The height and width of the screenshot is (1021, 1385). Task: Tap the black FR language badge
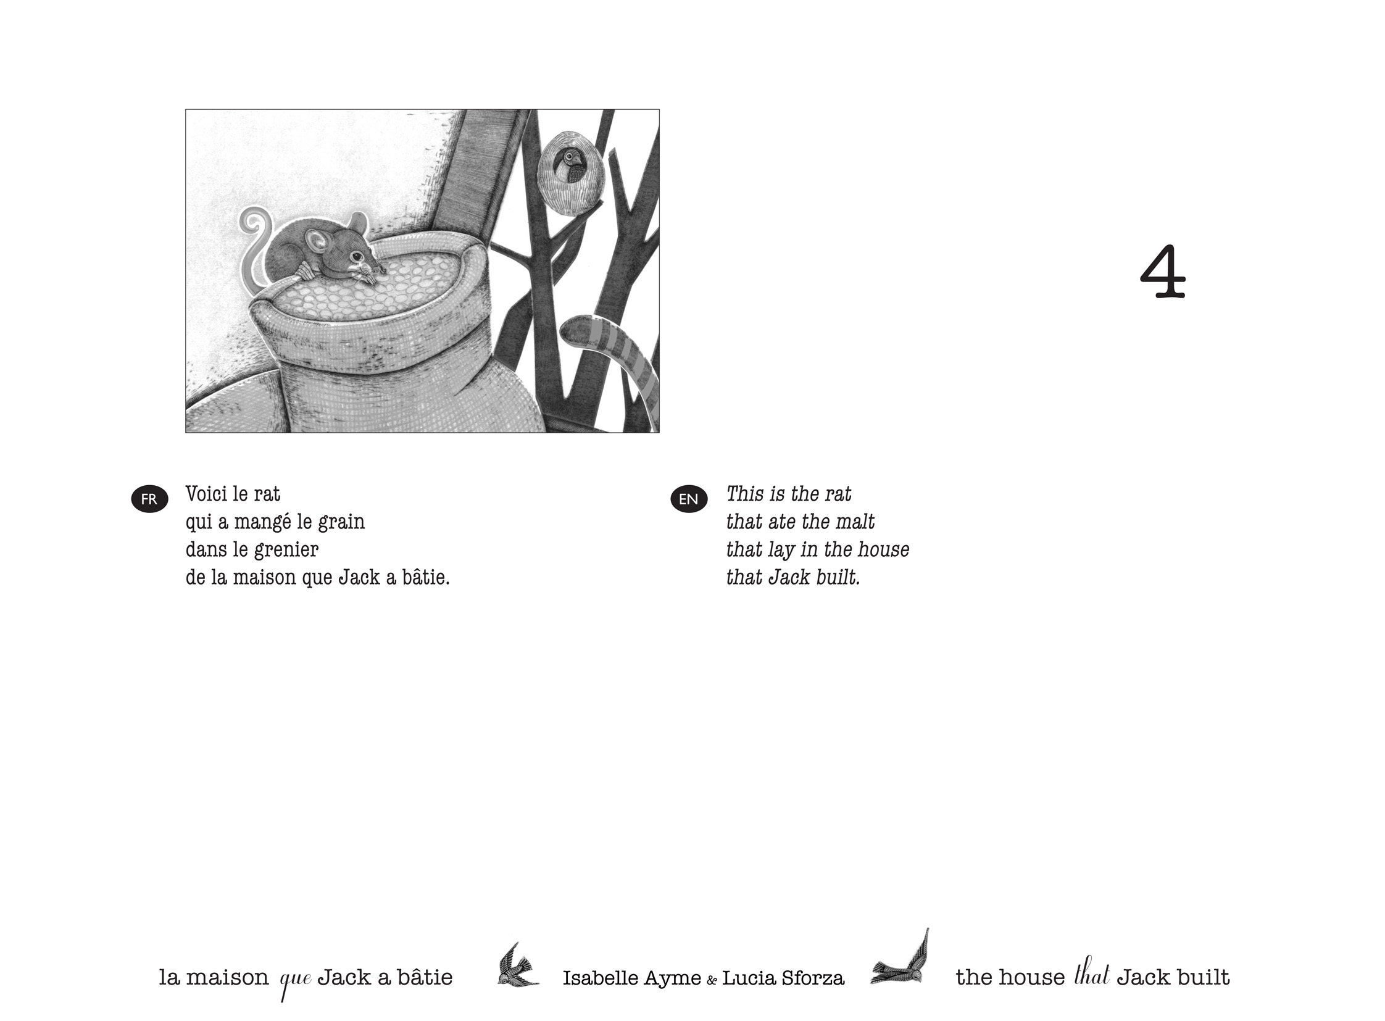tap(149, 499)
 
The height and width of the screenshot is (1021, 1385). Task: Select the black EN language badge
tap(688, 499)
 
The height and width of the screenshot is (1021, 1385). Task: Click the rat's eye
tap(357, 256)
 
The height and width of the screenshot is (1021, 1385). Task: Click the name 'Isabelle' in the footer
tap(600, 978)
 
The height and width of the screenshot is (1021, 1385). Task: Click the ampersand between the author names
tap(712, 980)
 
